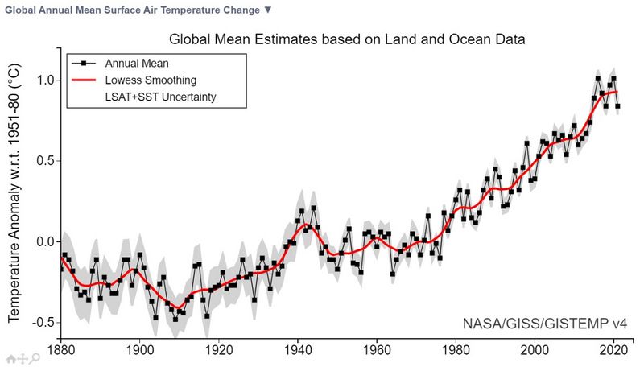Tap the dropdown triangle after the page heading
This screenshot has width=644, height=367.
click(268, 10)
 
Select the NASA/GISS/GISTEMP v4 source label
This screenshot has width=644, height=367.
click(544, 324)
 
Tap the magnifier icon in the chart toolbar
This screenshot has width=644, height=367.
click(36, 358)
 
